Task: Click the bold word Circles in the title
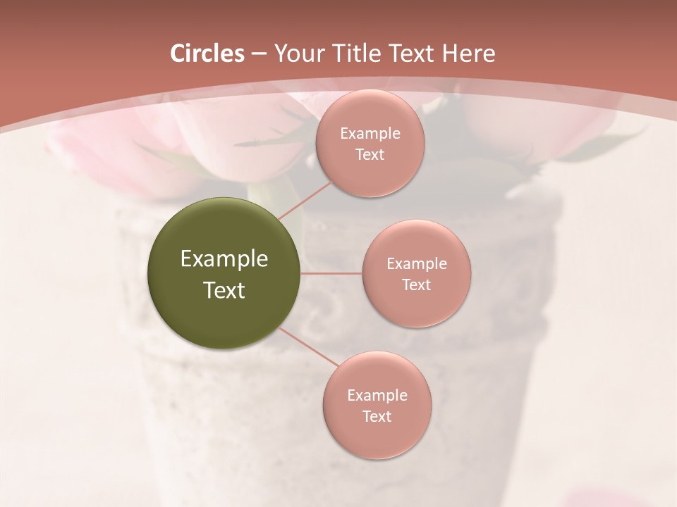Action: coord(207,53)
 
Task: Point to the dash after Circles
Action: coord(259,54)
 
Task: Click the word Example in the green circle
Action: coord(224,259)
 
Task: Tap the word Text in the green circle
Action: coord(224,290)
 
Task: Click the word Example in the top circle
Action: coord(370,133)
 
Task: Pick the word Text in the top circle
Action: coord(370,154)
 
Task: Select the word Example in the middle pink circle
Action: coord(417,263)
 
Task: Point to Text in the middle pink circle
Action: coord(417,284)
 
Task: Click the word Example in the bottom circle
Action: coord(377,395)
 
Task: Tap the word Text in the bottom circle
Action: coord(377,416)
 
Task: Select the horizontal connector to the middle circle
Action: coord(331,273)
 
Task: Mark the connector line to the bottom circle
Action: coord(307,346)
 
